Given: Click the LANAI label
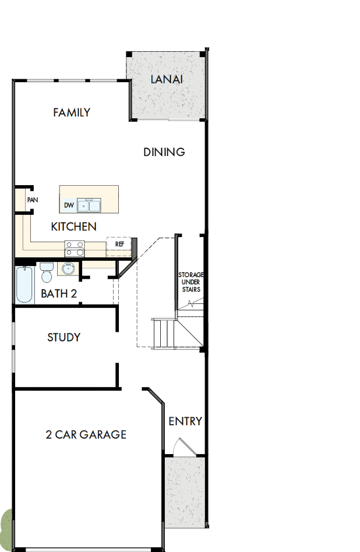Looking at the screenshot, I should coord(167,79).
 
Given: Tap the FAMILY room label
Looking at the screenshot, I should coord(72,112).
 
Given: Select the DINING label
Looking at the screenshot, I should coord(164,152).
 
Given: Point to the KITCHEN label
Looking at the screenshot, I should coord(74,227).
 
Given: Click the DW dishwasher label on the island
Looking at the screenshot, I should coord(69,206).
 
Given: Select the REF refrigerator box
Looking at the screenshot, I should coord(119,244).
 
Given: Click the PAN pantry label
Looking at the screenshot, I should coord(32,200).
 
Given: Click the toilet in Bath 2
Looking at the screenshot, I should coord(47,273).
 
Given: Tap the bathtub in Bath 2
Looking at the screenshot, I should coord(25,285).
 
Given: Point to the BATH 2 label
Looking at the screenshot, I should coord(59,294).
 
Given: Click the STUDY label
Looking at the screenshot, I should coord(63,337).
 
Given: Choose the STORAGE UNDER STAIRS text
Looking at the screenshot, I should coord(190,282).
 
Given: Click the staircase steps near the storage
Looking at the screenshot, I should coord(163,332).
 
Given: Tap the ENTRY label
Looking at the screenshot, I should coord(185,421).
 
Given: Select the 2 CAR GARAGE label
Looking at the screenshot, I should coord(86,434).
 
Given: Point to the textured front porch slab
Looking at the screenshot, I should coord(185,492).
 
